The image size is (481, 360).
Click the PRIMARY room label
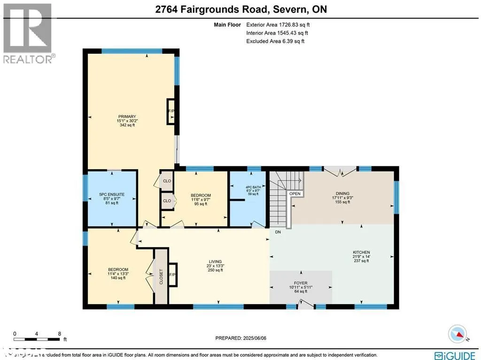(x=127, y=117)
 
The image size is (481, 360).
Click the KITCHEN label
(x=361, y=252)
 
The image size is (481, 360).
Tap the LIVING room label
(x=215, y=262)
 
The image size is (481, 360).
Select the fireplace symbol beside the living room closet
(x=172, y=274)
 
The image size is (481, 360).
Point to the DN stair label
(x=278, y=232)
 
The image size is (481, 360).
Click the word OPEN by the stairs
(x=295, y=194)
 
